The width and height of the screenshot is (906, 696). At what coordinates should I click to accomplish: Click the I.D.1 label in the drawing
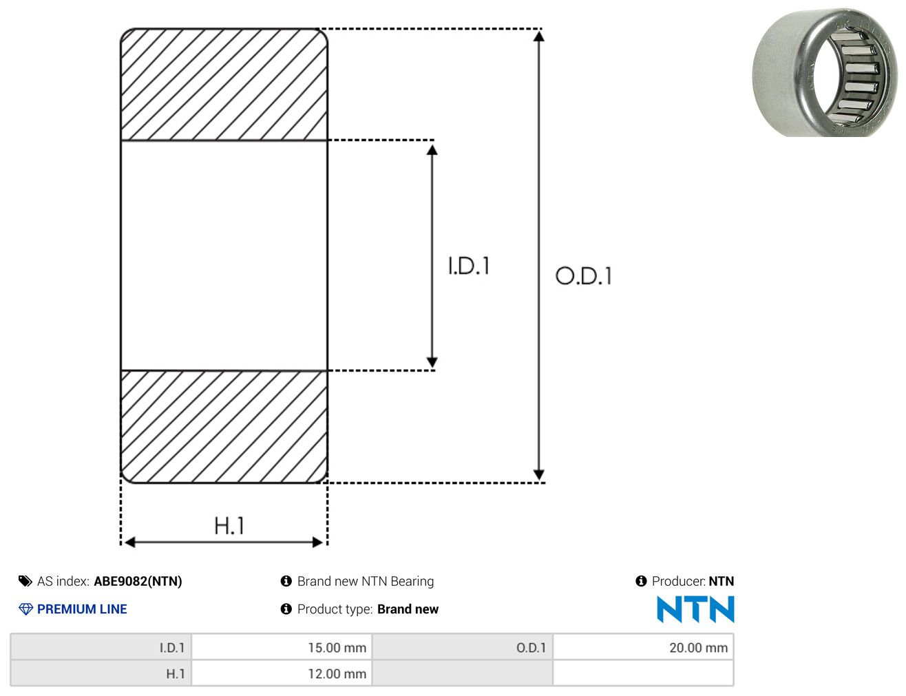point(469,266)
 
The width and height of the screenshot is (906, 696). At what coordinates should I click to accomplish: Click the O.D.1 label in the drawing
point(584,276)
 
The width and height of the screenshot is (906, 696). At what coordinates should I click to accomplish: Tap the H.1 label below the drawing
point(229,526)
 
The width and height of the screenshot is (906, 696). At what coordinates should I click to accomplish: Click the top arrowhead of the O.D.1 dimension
point(538,36)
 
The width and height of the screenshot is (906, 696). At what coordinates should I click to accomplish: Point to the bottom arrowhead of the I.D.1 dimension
point(432,361)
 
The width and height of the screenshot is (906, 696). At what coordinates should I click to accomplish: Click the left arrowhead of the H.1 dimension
point(130,542)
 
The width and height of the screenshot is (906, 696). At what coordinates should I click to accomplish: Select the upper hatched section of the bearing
point(224,84)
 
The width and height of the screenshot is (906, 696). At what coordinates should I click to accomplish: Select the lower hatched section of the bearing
point(224,427)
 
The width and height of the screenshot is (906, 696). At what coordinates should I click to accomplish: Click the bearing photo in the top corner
point(825,72)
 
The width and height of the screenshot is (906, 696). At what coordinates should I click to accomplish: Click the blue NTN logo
point(695,609)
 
